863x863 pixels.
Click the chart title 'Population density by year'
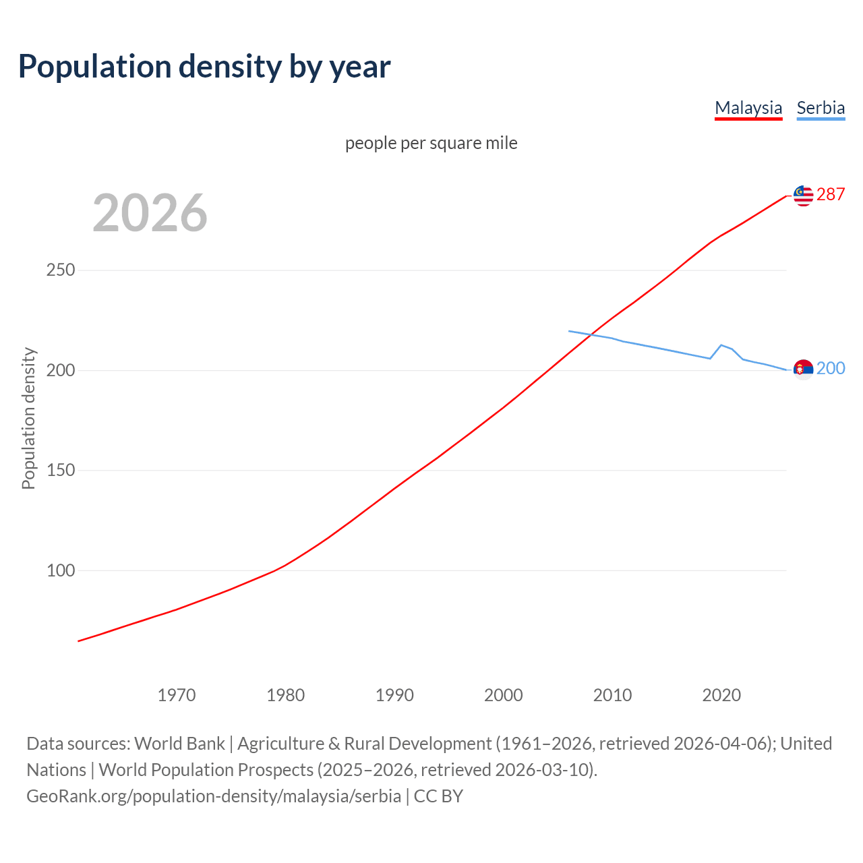click(204, 67)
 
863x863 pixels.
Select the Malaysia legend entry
click(748, 108)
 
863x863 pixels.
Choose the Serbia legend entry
click(821, 108)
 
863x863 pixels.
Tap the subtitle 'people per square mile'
click(431, 144)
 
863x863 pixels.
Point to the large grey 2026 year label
click(150, 213)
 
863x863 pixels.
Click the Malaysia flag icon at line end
click(803, 196)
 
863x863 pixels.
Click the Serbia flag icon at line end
click(803, 369)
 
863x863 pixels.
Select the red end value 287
click(831, 195)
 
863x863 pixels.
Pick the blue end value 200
click(831, 368)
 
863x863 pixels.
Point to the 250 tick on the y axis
click(61, 270)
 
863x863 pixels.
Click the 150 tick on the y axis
click(61, 471)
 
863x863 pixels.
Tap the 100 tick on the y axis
click(61, 571)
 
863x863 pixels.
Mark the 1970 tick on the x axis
click(177, 695)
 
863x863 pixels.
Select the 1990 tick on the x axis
click(394, 695)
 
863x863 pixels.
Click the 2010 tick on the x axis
click(612, 695)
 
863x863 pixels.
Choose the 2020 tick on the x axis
click(721, 695)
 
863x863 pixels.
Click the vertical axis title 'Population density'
click(28, 418)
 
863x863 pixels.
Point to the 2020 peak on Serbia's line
click(721, 345)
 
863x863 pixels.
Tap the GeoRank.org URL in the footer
click(214, 796)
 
